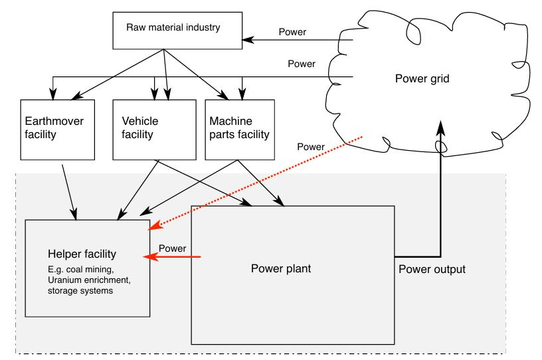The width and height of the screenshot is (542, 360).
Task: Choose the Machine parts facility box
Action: click(x=239, y=130)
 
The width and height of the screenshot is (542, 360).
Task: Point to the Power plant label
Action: click(x=281, y=270)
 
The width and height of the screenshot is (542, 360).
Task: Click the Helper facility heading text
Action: click(x=82, y=254)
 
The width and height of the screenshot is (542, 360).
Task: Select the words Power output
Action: click(x=432, y=270)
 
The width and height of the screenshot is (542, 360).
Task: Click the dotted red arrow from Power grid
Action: click(x=259, y=181)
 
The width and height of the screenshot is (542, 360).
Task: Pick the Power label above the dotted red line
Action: click(x=310, y=147)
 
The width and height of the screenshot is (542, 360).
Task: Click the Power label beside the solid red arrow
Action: click(x=172, y=248)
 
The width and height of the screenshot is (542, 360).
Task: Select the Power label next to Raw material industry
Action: click(x=292, y=31)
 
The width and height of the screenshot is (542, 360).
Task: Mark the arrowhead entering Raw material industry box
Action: click(x=246, y=40)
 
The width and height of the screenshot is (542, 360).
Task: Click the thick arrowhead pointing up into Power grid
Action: click(x=440, y=126)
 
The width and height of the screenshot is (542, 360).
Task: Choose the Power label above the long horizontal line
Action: click(x=301, y=64)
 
